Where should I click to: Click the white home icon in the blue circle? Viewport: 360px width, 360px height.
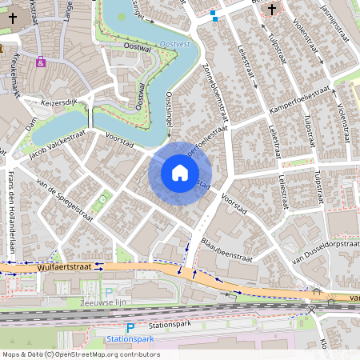click(180, 173)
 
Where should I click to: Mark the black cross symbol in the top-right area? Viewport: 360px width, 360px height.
click(272, 10)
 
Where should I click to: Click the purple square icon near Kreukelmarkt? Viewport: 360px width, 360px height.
click(41, 61)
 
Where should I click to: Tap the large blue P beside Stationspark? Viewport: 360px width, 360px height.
click(130, 327)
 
